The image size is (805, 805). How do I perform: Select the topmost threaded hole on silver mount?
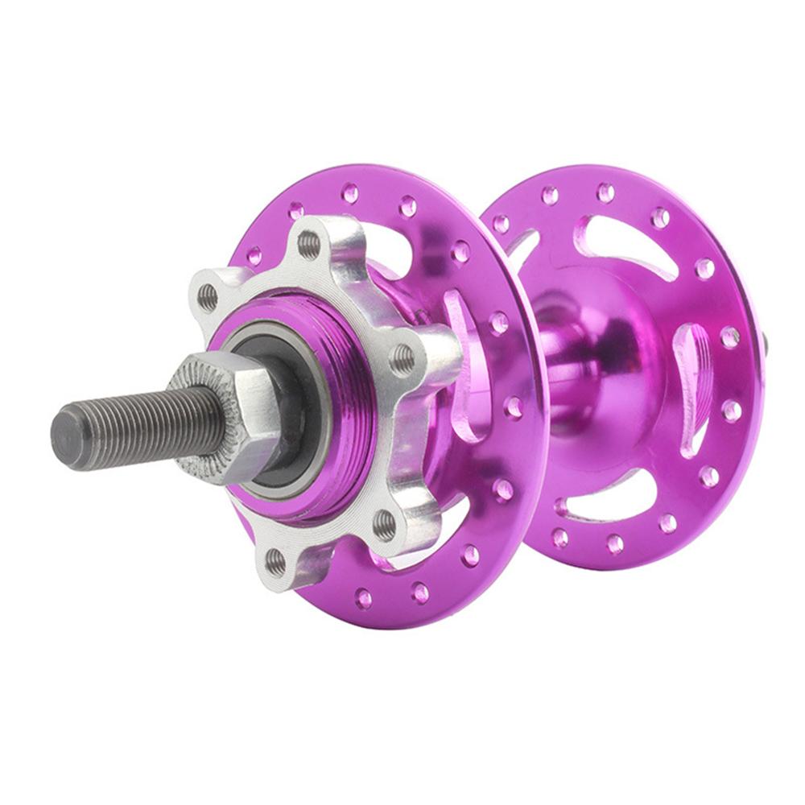(308, 244)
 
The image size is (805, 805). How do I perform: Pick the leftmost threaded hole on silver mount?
(208, 297)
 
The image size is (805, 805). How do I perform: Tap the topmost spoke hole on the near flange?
(350, 192)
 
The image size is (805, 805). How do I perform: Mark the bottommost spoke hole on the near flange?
(364, 597)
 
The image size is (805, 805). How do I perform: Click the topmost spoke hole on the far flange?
(605, 192)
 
